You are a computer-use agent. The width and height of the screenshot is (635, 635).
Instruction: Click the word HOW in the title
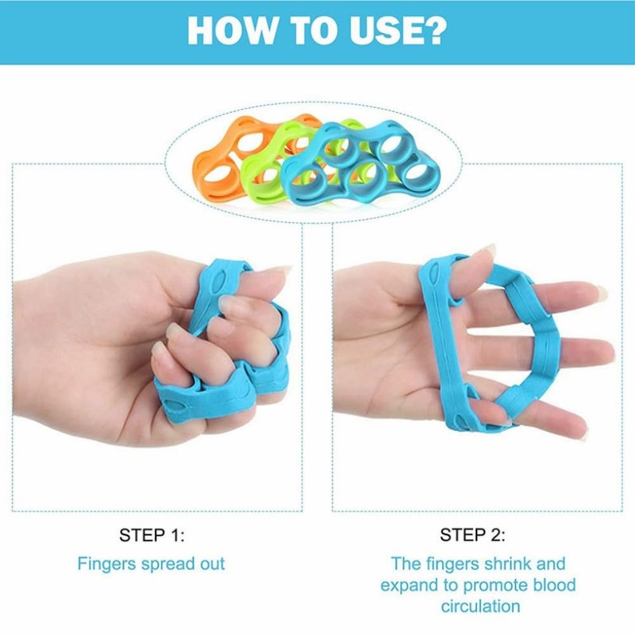tap(231, 32)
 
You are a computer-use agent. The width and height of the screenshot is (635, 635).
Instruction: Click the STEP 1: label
tap(152, 535)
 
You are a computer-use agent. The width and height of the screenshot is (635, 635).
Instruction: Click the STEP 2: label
tap(472, 535)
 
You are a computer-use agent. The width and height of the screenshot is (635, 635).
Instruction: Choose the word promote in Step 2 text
tap(496, 586)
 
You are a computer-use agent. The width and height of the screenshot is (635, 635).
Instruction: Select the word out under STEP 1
tap(212, 564)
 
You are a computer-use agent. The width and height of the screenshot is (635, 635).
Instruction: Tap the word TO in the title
tap(315, 32)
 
